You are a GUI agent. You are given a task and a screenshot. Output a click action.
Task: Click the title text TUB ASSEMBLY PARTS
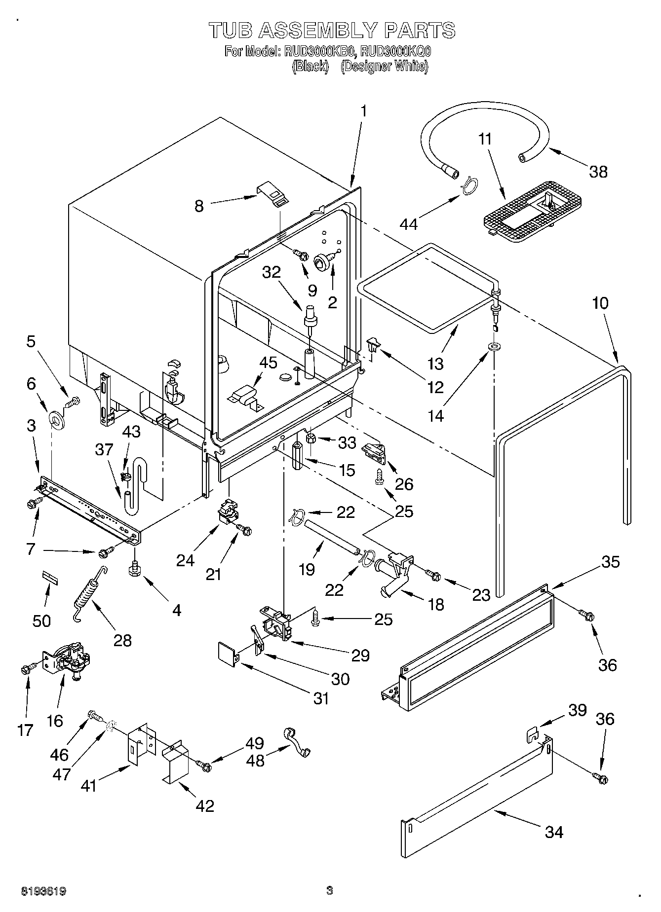[332, 31]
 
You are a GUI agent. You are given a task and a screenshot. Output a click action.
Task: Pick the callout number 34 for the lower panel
[554, 832]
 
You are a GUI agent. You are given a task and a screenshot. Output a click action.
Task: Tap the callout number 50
[41, 620]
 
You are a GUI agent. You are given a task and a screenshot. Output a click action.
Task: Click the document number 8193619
[43, 891]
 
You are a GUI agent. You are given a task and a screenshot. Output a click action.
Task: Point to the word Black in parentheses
[310, 67]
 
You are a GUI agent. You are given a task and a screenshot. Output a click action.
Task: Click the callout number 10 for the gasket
[600, 303]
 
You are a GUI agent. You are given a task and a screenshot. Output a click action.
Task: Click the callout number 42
[205, 805]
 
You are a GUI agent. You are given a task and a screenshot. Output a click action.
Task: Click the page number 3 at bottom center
[330, 890]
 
